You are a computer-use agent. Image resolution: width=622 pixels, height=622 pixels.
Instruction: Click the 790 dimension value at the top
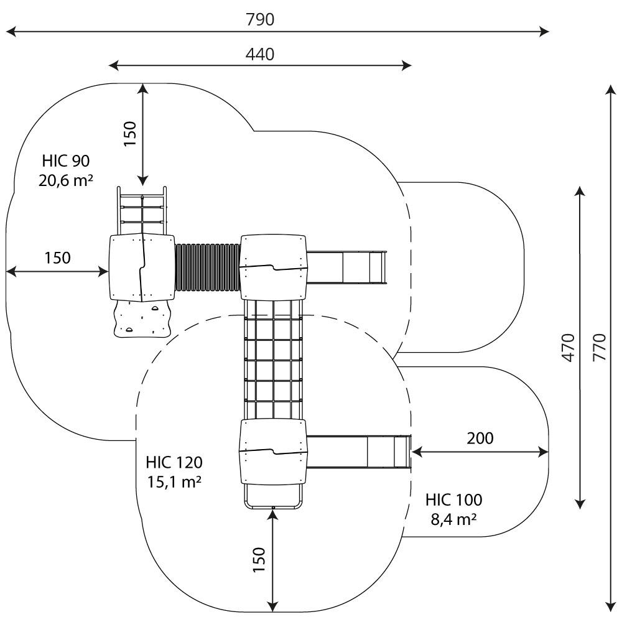coord(260,19)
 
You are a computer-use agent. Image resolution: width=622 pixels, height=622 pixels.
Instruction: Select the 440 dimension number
coord(260,54)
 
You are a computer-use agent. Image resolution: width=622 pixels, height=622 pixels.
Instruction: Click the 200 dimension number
coord(480,438)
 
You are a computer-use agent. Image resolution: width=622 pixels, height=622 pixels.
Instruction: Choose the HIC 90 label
coord(66,162)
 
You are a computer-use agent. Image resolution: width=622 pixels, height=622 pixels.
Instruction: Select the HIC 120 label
coord(174,463)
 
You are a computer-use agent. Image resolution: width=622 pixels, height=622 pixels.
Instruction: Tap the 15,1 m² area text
coord(174,481)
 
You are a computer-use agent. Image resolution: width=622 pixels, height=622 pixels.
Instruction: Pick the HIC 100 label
coord(454,499)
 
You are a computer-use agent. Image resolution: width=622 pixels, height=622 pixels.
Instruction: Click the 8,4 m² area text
coord(454,518)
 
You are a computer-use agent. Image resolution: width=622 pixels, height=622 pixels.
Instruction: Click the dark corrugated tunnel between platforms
coord(207,267)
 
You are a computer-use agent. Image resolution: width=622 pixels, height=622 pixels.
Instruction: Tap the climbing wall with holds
coord(142,318)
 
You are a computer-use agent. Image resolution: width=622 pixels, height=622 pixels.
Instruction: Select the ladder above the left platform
coord(142,210)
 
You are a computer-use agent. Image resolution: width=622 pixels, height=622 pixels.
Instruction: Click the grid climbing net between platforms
coord(273,359)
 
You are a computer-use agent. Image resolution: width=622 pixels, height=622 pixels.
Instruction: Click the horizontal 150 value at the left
coord(57,258)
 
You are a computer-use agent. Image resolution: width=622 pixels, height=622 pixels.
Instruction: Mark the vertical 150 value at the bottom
coord(259,560)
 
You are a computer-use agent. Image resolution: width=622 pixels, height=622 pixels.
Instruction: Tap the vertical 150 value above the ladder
coord(129,133)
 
